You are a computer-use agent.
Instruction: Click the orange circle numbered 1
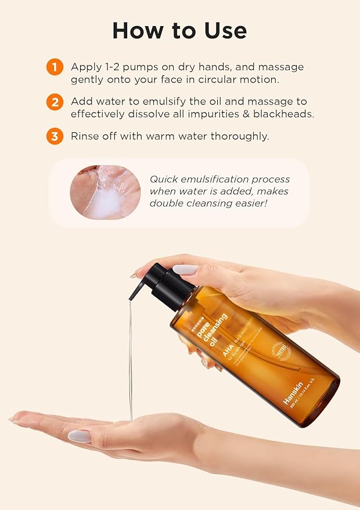[x=55, y=67]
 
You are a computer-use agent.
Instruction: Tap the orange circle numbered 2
[x=55, y=102]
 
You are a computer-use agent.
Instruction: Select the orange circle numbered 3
[x=55, y=137]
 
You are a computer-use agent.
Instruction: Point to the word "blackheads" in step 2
[x=288, y=114]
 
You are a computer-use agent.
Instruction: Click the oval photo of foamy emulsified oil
[x=105, y=192]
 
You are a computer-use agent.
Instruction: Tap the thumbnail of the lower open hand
[x=79, y=436]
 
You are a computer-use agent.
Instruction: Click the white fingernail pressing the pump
[x=185, y=270]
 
